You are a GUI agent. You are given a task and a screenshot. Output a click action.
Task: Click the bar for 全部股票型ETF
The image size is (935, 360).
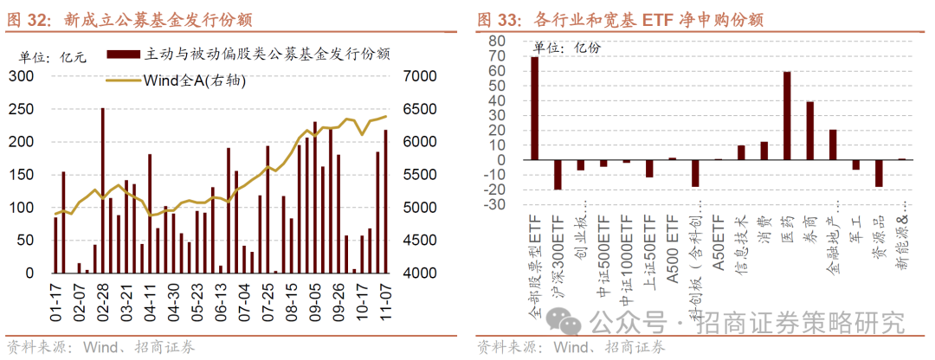(534, 108)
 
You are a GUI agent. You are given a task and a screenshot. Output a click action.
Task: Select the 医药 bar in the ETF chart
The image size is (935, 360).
(786, 116)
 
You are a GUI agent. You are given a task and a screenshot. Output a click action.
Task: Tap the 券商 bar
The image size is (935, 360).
(809, 131)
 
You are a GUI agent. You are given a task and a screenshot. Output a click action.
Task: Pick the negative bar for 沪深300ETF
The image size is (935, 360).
(558, 174)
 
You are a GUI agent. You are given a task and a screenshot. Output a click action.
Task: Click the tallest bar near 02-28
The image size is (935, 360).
(103, 190)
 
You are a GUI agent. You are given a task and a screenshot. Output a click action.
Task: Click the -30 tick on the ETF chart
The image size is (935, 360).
(496, 205)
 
